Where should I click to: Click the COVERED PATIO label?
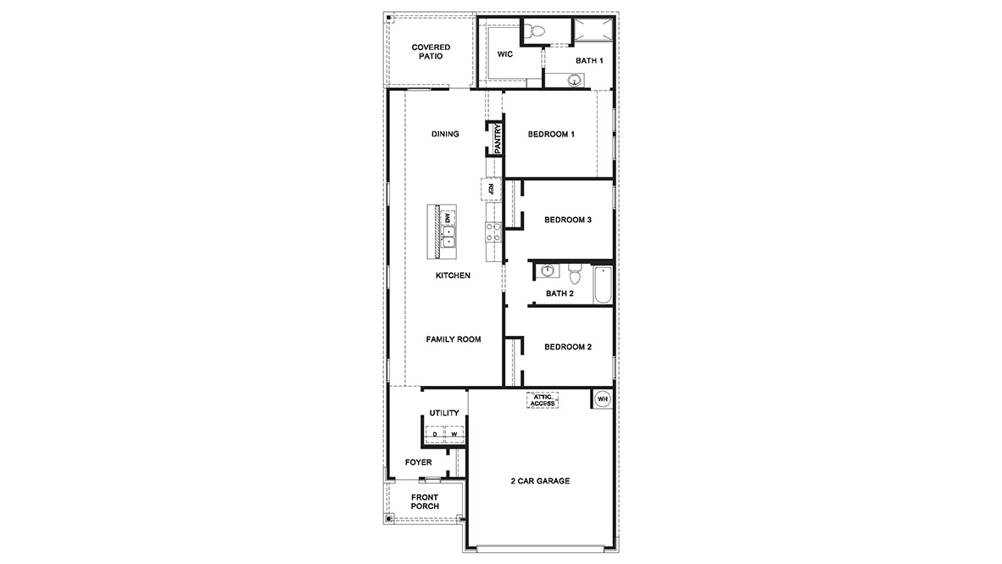pyautogui.click(x=430, y=52)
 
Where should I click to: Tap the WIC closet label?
pyautogui.click(x=505, y=54)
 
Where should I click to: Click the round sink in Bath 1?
pyautogui.click(x=575, y=81)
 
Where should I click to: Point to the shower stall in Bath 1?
pyautogui.click(x=593, y=31)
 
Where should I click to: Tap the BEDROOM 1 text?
pyautogui.click(x=551, y=134)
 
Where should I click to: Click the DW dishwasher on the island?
pyautogui.click(x=447, y=217)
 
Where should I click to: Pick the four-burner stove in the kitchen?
pyautogui.click(x=493, y=232)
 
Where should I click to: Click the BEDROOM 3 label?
pyautogui.click(x=567, y=220)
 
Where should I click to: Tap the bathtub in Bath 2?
pyautogui.click(x=602, y=284)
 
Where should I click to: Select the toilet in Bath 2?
pyautogui.click(x=574, y=275)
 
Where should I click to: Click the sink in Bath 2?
pyautogui.click(x=548, y=271)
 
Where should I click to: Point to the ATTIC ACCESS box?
pyautogui.click(x=543, y=400)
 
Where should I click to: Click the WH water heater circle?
pyautogui.click(x=603, y=399)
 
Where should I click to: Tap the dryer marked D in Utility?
pyautogui.click(x=435, y=435)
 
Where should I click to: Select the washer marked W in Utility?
pyautogui.click(x=454, y=435)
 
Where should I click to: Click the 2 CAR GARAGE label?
pyautogui.click(x=540, y=481)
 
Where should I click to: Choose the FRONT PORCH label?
pyautogui.click(x=425, y=501)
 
